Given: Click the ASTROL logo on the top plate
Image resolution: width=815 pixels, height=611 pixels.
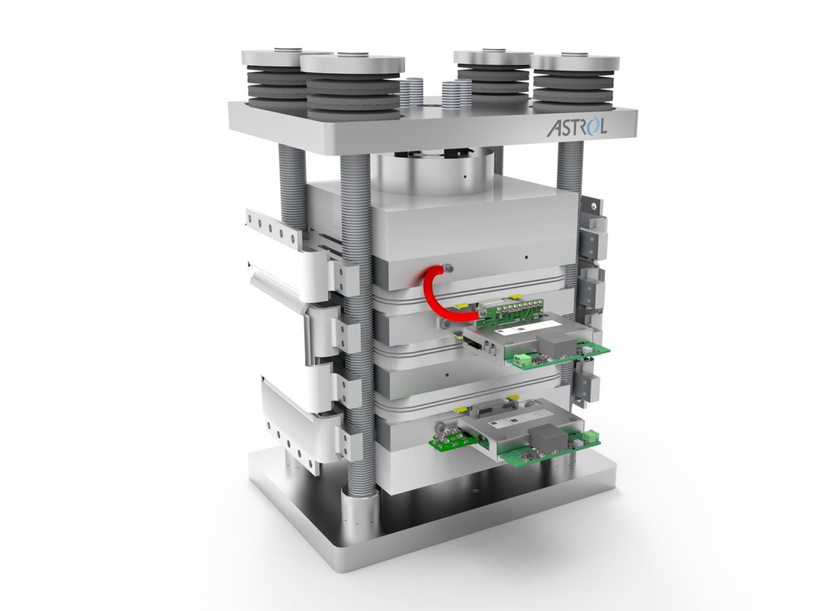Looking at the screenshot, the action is point(577,127).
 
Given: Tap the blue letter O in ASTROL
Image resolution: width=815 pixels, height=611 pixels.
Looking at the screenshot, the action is point(594,126).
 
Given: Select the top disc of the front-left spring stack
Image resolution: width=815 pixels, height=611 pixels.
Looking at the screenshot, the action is point(352,64).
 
